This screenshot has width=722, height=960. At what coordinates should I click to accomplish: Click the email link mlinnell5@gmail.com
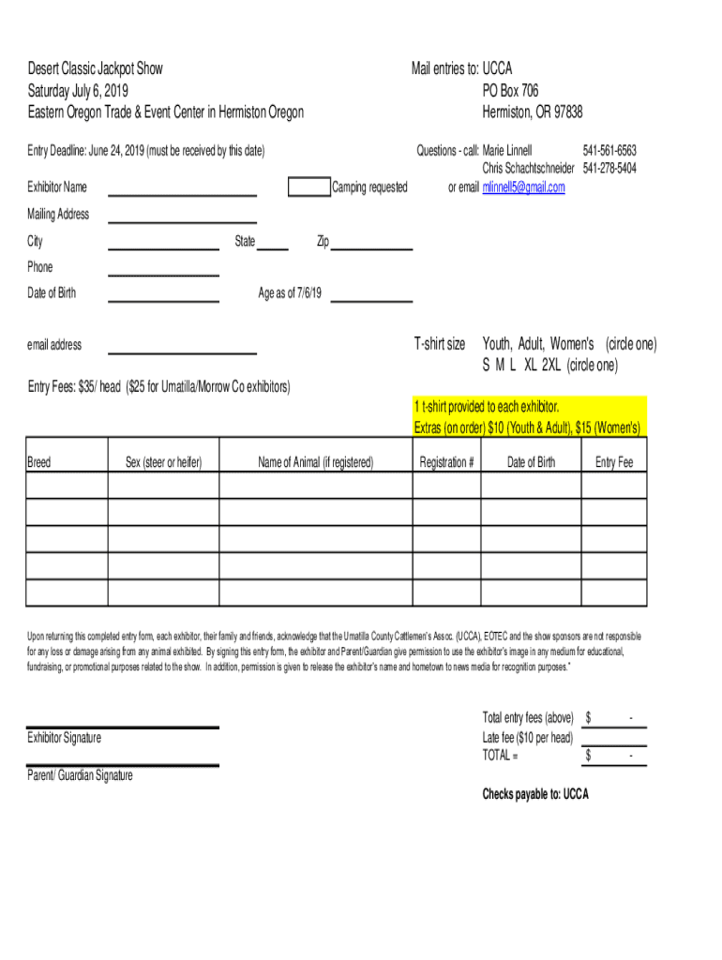click(x=523, y=187)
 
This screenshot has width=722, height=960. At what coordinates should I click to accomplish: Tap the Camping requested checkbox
click(x=308, y=187)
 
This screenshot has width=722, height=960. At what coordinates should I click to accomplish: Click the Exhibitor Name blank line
click(x=183, y=189)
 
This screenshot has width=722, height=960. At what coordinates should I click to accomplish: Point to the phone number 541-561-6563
click(x=609, y=150)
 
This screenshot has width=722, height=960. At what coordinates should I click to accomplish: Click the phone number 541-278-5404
click(x=609, y=168)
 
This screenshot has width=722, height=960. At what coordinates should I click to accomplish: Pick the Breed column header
click(x=39, y=462)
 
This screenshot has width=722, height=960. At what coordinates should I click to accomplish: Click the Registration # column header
click(x=447, y=462)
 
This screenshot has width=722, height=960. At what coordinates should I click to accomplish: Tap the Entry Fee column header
click(x=614, y=462)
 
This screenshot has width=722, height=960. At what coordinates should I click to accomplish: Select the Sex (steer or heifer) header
click(x=164, y=462)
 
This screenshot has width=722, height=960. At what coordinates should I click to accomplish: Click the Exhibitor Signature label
click(x=65, y=738)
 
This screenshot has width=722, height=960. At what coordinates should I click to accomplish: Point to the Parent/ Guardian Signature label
click(x=81, y=775)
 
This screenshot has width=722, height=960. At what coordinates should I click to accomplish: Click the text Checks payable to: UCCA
click(x=535, y=794)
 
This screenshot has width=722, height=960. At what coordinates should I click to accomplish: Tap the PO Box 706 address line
click(x=510, y=91)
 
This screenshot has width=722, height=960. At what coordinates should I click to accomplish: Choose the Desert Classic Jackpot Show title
click(x=95, y=68)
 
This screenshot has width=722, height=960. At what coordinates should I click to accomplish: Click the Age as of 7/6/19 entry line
click(x=371, y=296)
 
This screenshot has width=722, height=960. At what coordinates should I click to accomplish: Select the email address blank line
click(x=183, y=348)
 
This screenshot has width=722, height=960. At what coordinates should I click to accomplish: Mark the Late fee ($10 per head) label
click(x=527, y=738)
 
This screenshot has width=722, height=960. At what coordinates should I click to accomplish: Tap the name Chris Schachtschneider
click(x=528, y=168)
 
